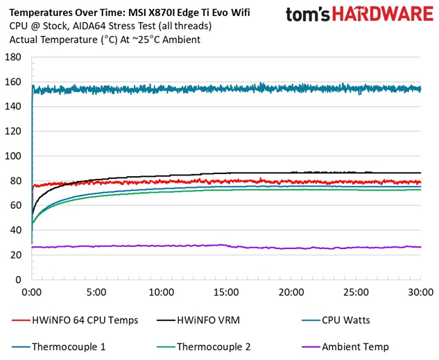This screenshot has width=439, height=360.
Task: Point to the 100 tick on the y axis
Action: click(12, 155)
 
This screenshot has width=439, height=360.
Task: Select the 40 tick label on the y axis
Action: click(15, 230)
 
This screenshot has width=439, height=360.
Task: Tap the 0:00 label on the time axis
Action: click(32, 292)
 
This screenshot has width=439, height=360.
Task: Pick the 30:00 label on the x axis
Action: click(420, 292)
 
